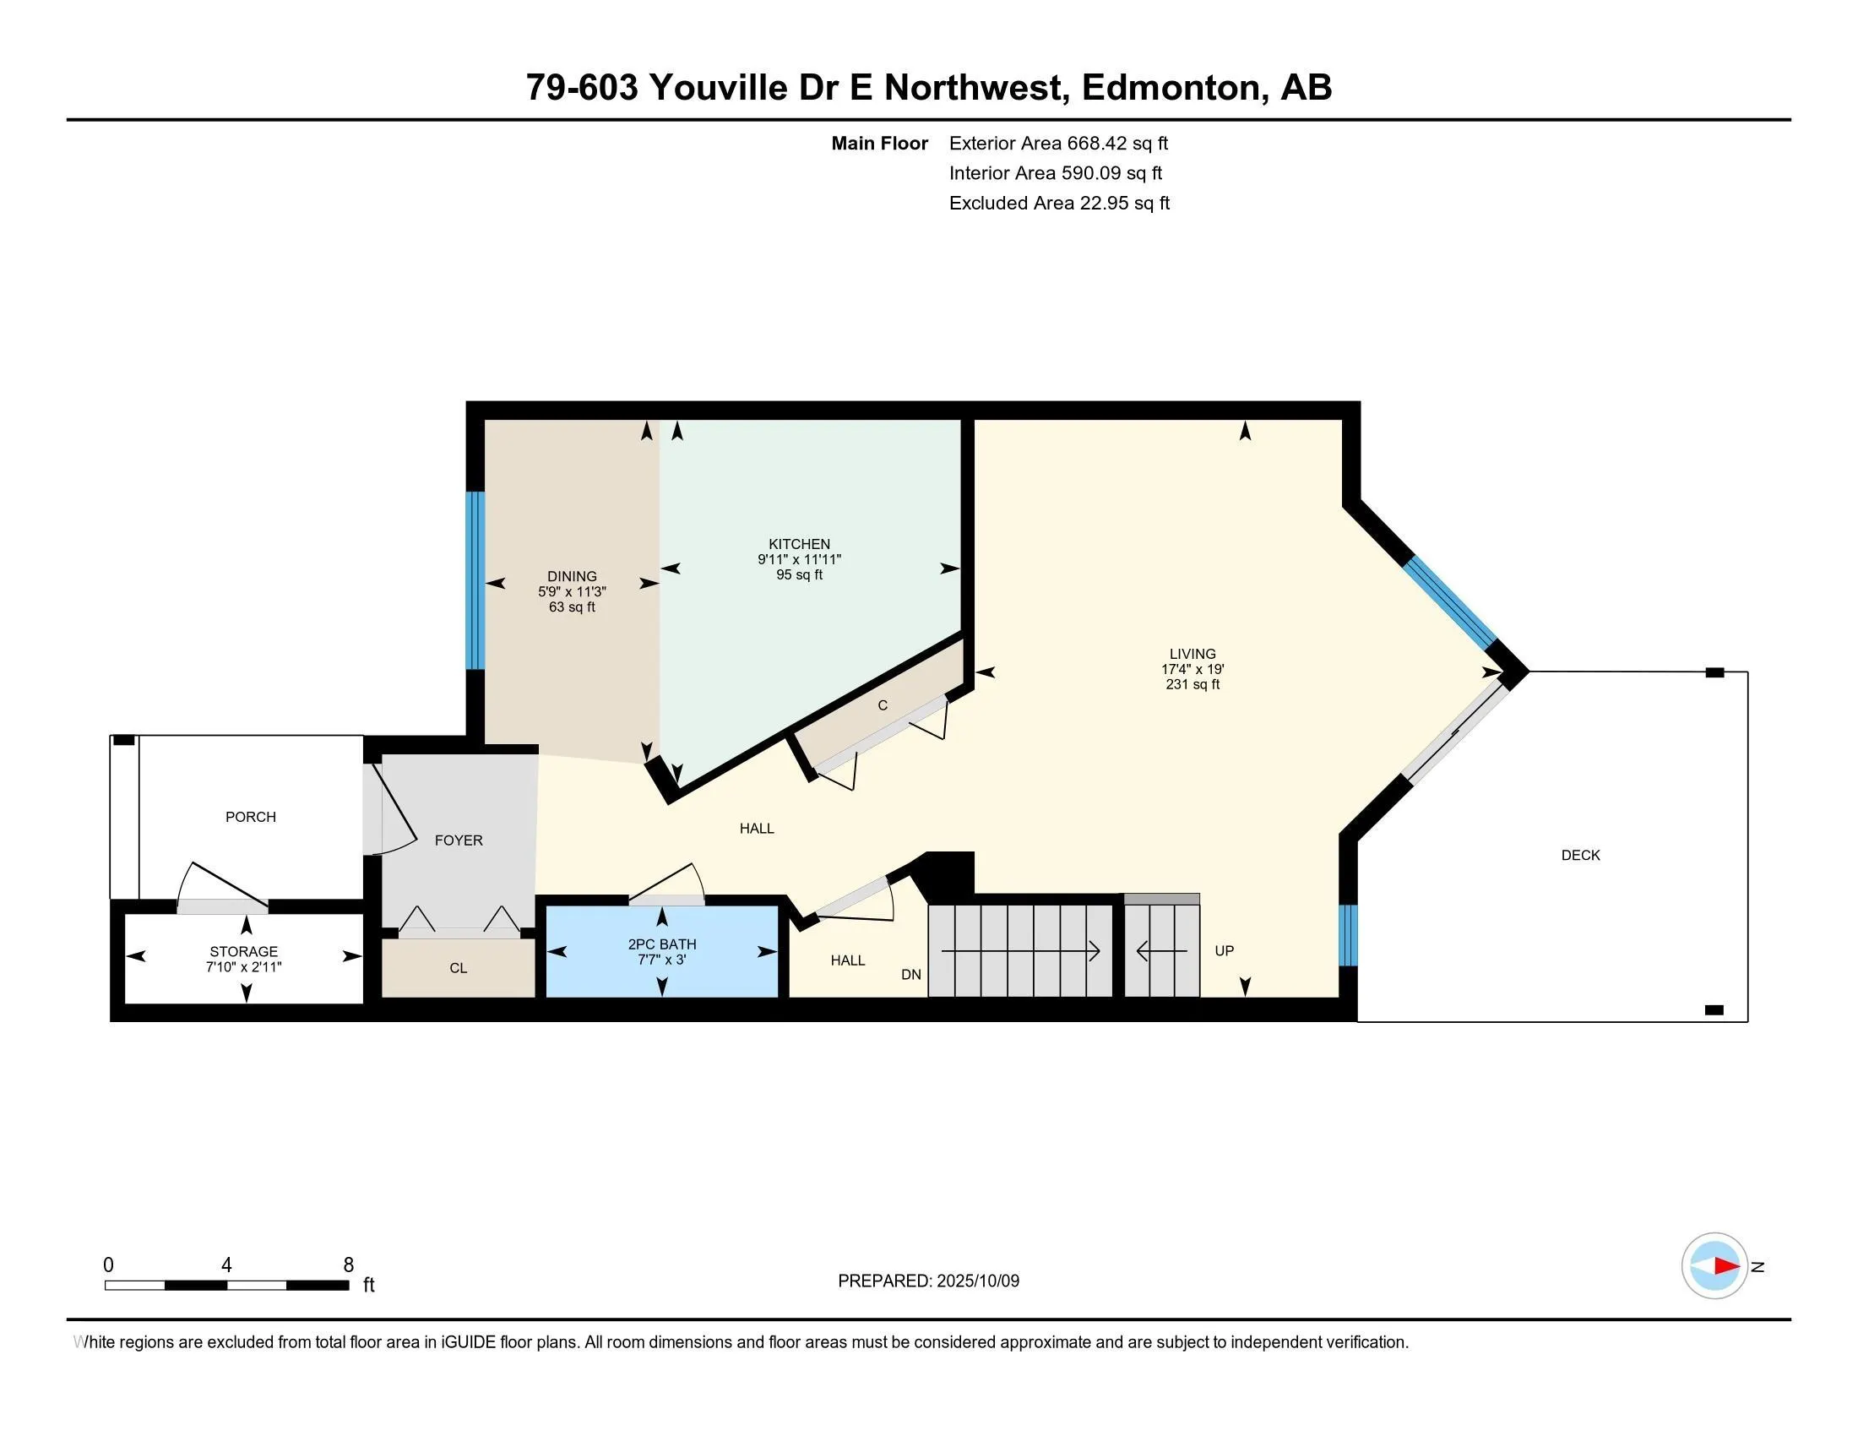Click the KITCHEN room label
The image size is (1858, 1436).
(x=799, y=544)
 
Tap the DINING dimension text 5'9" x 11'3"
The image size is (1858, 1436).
(x=572, y=591)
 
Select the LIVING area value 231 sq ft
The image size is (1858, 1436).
(x=1192, y=684)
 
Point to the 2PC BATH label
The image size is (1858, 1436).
(x=662, y=944)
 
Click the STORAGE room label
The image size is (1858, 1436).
(x=243, y=951)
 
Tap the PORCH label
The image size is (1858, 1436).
(x=250, y=817)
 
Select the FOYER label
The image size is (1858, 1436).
(x=459, y=840)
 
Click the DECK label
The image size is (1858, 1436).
(x=1580, y=855)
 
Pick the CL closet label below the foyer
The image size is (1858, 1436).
(x=458, y=968)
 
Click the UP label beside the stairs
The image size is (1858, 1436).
(x=1224, y=950)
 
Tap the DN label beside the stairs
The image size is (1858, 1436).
(x=910, y=974)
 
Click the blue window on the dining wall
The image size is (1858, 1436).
(x=475, y=580)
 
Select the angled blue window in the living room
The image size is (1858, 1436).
(x=1449, y=602)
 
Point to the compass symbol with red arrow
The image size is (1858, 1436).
(x=1714, y=1266)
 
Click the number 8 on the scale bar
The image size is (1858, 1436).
(x=348, y=1265)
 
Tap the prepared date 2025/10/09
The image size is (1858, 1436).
(x=976, y=1281)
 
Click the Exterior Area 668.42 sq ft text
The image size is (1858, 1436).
(x=1058, y=143)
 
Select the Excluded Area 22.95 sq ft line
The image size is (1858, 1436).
(x=1059, y=203)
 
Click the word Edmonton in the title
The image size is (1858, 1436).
(x=1170, y=87)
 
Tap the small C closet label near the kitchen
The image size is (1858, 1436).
(x=883, y=705)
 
